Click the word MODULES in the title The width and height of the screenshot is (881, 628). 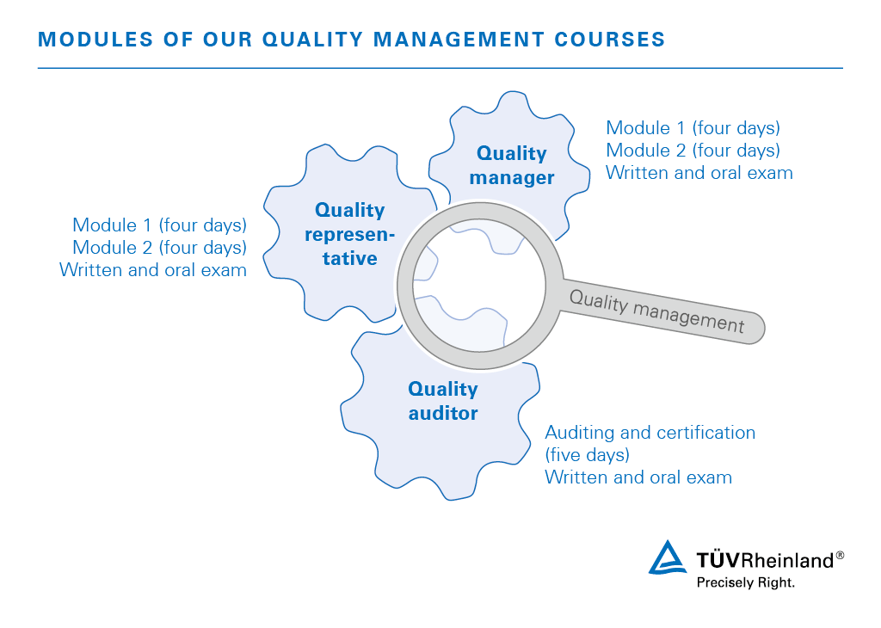(95, 40)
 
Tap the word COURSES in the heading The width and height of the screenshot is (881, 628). (610, 40)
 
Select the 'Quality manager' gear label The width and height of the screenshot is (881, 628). (511, 165)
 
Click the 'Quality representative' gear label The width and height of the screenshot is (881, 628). (349, 234)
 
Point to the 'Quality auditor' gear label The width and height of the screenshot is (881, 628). (443, 401)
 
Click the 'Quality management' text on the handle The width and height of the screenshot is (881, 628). (656, 311)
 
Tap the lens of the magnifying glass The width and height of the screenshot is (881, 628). (479, 286)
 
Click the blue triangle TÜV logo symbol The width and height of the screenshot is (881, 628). (667, 557)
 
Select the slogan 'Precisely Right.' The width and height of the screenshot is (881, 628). (746, 582)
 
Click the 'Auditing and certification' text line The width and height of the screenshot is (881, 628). (650, 433)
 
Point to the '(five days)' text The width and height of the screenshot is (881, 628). (587, 454)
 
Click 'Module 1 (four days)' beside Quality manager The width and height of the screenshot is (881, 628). (693, 128)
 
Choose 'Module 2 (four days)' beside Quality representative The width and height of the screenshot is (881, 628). (159, 248)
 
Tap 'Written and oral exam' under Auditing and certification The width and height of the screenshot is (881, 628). (638, 477)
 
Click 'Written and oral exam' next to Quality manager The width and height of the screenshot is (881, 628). (699, 173)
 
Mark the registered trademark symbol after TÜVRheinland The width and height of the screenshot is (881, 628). (840, 555)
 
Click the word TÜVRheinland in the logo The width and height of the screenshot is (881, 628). (765, 560)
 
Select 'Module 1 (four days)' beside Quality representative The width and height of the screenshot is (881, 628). (159, 225)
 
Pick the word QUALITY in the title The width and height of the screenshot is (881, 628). (312, 40)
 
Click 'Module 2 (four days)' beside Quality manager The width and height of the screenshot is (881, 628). (693, 151)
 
